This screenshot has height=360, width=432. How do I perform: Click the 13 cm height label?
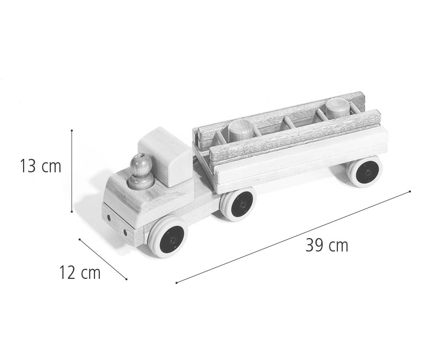tap(41, 167)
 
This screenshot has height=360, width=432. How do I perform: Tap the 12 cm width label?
tap(80, 273)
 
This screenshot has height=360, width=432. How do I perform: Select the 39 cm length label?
tap(326, 245)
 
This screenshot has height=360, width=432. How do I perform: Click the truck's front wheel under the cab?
tap(168, 236)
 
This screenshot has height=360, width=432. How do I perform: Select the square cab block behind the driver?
tap(165, 156)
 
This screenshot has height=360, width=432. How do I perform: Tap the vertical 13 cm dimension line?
tap(72, 170)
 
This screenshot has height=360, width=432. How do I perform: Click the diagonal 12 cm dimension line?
tap(103, 259)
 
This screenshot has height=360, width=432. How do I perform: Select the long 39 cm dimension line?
tap(293, 237)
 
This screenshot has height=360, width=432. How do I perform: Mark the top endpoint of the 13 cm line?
tap(72, 130)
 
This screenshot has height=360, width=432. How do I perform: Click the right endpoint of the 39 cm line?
tap(410, 192)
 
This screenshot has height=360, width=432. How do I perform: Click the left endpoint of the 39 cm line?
tap(177, 283)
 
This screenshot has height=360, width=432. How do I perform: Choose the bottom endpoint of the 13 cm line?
tap(72, 211)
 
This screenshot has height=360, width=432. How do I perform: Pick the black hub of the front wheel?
tap(171, 238)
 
